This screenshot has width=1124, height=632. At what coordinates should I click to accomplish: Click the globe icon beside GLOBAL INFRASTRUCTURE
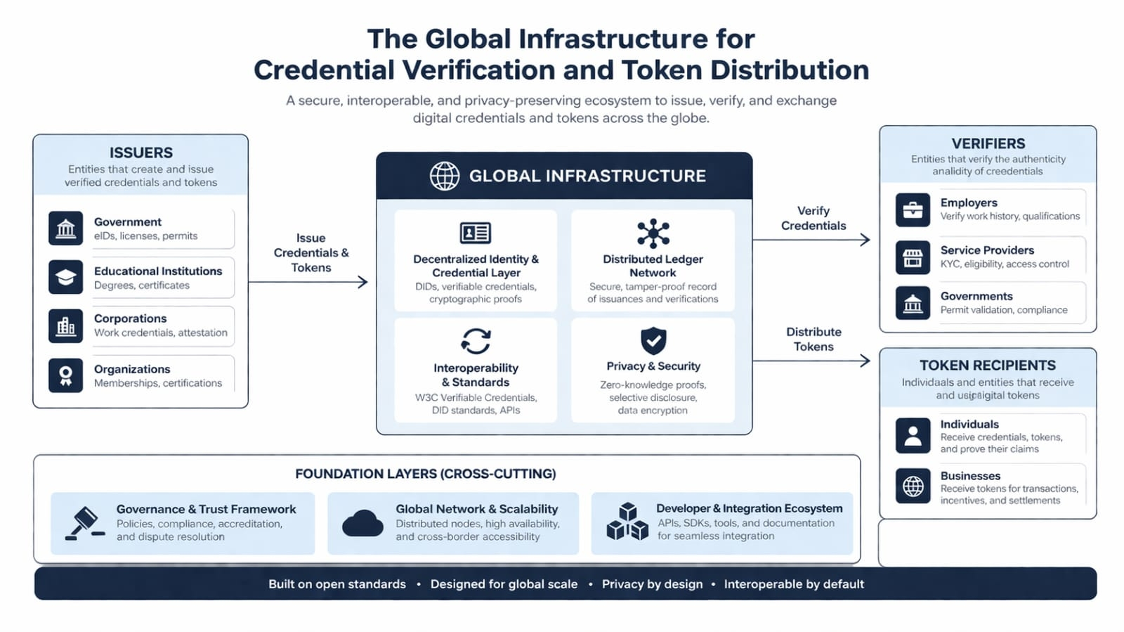coord(445,176)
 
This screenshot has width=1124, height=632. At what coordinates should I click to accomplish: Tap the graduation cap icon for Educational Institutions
coord(66,277)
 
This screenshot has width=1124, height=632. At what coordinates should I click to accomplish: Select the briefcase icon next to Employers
coord(913,209)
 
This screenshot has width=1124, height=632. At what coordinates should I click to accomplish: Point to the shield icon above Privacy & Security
coord(653,341)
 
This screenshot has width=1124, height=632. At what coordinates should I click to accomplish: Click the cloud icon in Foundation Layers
coord(362,524)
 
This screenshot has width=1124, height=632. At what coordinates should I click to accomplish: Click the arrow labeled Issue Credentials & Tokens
coord(309,282)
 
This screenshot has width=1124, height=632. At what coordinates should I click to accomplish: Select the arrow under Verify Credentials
coord(812,240)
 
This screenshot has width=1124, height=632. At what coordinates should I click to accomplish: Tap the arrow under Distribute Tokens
coord(812,361)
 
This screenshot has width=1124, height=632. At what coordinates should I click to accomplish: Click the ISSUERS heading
coord(140,153)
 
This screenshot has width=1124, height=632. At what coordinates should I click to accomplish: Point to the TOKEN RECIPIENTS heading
coord(988,365)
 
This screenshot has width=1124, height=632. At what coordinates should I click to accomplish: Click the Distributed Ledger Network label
coord(653,266)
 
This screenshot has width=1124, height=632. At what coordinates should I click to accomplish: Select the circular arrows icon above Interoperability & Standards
coord(476,341)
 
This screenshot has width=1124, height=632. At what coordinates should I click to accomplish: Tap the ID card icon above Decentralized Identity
coord(476,233)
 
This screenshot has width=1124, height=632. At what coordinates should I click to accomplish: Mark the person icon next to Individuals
coord(913,435)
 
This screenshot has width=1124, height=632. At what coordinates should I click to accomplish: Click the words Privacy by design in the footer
coord(652,584)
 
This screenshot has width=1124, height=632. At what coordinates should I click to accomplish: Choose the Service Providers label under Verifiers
coord(987,250)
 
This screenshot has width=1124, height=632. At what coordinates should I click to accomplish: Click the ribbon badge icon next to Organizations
coord(66,375)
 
